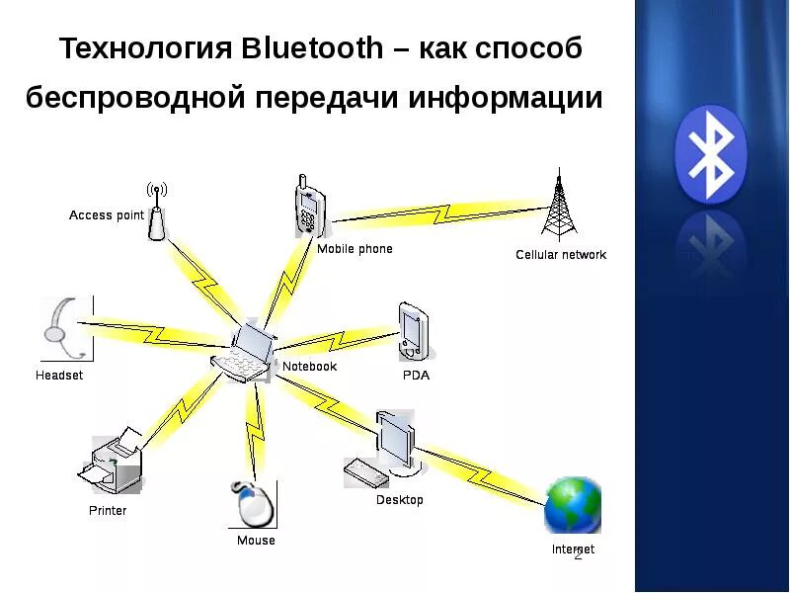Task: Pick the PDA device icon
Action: (413, 331)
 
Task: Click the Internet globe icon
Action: (572, 505)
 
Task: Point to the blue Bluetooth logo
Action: (710, 154)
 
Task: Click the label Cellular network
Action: (561, 255)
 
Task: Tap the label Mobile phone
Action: (355, 249)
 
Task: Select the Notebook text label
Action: (309, 367)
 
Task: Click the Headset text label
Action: (59, 376)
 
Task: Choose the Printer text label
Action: (108, 511)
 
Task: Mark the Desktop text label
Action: (399, 500)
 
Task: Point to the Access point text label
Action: (106, 215)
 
